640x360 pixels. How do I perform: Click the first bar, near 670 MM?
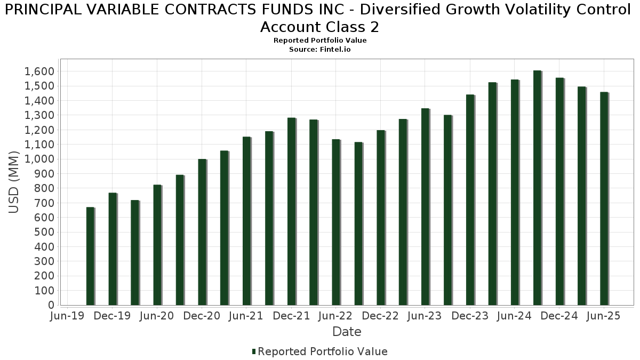coord(90,256)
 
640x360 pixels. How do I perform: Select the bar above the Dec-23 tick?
coord(470,200)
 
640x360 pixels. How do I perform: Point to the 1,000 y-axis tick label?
coord(40,159)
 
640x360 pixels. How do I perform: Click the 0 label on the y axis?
coord(51,305)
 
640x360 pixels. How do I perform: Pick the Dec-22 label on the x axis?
coord(380,316)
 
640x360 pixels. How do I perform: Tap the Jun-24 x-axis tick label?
coord(515,316)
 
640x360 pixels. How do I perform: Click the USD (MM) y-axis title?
coord(14,182)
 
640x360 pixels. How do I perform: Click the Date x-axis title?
coord(347,332)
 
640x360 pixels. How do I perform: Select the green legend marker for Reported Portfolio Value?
coord(254,351)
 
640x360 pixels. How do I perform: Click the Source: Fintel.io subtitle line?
coord(320,49)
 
